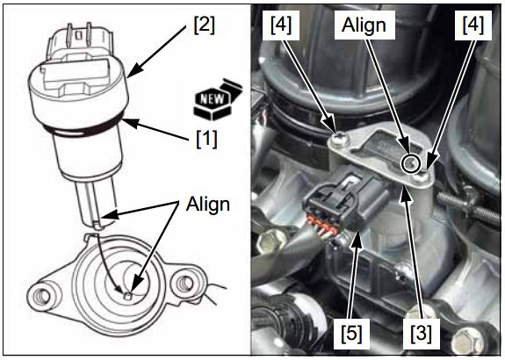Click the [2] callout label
coord(204,25)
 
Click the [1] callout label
coord(206,139)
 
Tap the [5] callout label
coord(351,332)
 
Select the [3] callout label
coord(421,332)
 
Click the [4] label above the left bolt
coord(281,25)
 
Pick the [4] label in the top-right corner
coord(473,25)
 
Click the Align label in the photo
coord(364,25)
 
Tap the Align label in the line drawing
coord(208,204)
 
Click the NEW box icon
coord(217,99)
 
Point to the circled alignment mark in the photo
coord(411,163)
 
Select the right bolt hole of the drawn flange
coord(184,283)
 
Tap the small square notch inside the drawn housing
coord(128,295)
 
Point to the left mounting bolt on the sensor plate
coord(339,140)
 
